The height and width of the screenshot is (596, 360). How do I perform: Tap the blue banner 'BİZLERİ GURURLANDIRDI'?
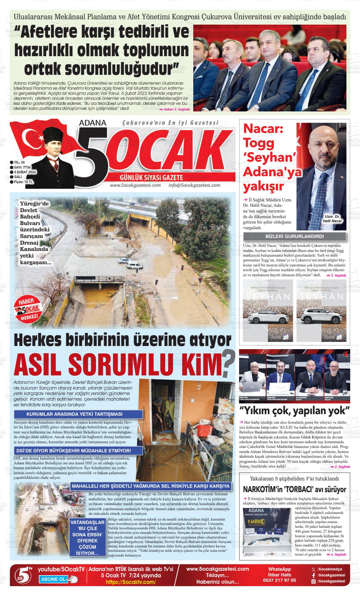(x=295, y=236)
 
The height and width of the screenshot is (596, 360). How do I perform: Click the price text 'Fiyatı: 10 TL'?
(x=23, y=182)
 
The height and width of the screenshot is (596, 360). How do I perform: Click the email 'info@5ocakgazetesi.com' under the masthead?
(x=194, y=185)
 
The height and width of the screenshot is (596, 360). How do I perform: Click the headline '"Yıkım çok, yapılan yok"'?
(x=295, y=411)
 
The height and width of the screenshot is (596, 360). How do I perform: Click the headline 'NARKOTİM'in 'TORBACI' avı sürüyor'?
(x=295, y=489)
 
